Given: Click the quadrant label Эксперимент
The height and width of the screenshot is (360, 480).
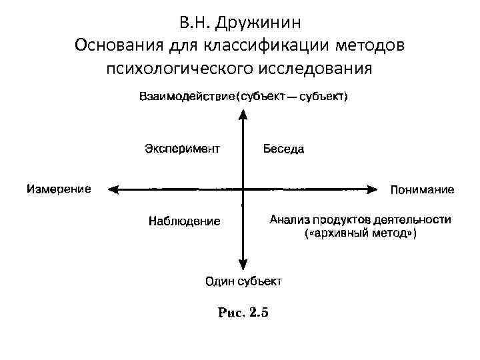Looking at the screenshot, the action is pos(182,148).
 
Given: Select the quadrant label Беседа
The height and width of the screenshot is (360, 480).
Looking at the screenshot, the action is pos(283,149).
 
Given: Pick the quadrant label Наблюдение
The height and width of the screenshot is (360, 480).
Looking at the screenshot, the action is pos(184,221).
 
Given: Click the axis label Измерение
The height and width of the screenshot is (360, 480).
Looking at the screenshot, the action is pos(59,189).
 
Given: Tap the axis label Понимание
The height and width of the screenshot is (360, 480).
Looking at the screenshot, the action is pos(422,189).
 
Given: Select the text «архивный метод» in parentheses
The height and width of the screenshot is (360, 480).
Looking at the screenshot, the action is pos(361,233).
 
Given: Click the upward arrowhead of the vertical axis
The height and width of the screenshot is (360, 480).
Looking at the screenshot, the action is pos(243,115).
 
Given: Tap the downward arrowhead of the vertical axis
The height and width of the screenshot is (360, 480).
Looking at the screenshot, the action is pos(243,264).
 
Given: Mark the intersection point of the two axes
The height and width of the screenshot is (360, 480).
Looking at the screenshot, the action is pos(243,189).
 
